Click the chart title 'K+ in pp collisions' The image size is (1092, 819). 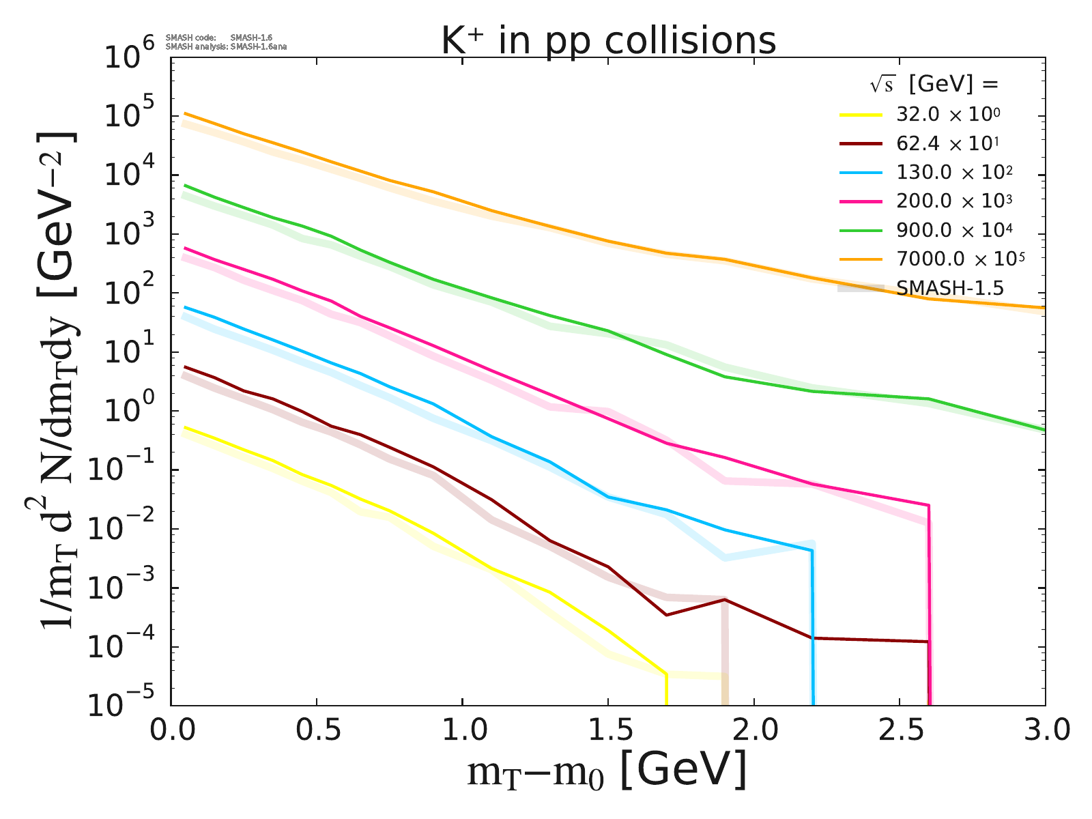click(608, 41)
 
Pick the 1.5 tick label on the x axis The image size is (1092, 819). click(607, 730)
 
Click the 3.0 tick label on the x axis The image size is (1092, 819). click(1044, 730)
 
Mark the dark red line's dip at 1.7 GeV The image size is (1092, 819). click(666, 615)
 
